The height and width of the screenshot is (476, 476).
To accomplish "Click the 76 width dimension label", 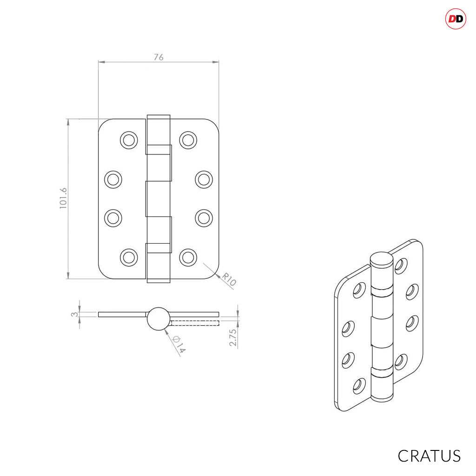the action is (x=159, y=57).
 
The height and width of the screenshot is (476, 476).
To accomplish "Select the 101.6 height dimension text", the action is (x=63, y=198).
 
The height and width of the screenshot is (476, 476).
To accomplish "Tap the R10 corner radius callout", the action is (x=229, y=279).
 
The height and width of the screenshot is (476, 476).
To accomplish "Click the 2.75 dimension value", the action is (x=232, y=337).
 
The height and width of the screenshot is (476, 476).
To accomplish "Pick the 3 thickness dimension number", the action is (x=74, y=314).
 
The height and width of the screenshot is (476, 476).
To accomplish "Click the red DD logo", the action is (x=456, y=19).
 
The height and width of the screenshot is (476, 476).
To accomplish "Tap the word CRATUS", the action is (x=429, y=456).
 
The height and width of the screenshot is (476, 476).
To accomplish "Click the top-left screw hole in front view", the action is (x=129, y=140).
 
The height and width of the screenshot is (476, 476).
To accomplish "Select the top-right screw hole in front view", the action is (x=188, y=140).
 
